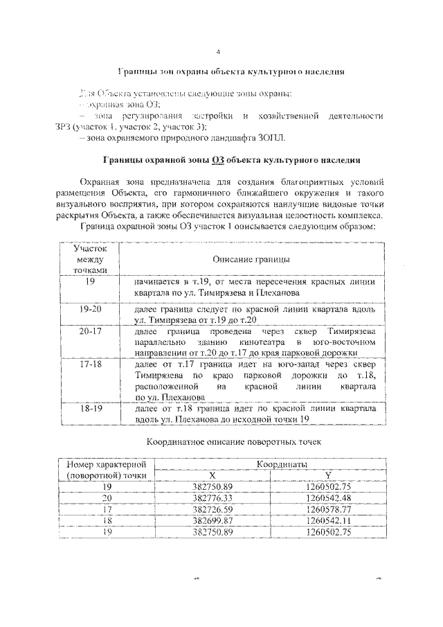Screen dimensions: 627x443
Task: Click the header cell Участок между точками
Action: [x=91, y=258]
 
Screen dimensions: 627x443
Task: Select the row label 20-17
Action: [x=91, y=332]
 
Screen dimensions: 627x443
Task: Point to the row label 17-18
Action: [x=91, y=363]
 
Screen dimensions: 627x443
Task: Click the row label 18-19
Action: [x=91, y=409]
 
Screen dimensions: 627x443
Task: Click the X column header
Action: [x=213, y=475]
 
